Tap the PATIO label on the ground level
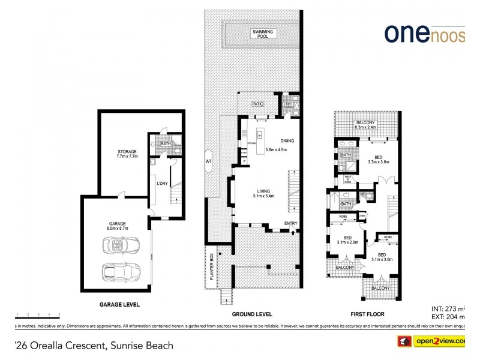[x=257, y=104]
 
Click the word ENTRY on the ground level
[x=291, y=224]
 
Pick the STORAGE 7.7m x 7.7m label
[x=127, y=154]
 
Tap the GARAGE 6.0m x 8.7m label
[x=117, y=226]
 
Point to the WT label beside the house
[x=208, y=161]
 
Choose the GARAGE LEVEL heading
[x=119, y=305]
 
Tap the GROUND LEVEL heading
[x=252, y=314]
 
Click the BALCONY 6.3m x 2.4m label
[x=365, y=125]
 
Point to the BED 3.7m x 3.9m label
[x=378, y=159]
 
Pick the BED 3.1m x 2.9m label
[x=347, y=239]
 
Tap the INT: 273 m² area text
[x=448, y=308]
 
